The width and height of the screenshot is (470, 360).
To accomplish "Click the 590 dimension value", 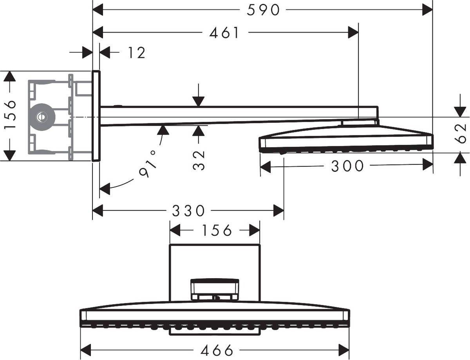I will [x=263, y=10].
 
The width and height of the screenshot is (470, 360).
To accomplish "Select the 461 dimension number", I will [x=224, y=33].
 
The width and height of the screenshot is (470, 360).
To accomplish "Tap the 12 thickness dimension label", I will [x=136, y=52].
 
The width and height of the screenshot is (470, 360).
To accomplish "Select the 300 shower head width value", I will [x=347, y=166].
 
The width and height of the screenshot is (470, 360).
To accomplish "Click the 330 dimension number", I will [x=188, y=211].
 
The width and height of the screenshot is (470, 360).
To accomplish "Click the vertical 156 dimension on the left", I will [x=11, y=115].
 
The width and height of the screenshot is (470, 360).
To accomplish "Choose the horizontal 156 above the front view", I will [x=217, y=230].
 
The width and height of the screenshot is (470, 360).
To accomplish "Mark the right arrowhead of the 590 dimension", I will [x=427, y=10].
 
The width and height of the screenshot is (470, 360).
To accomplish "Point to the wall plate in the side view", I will [x=96, y=116].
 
